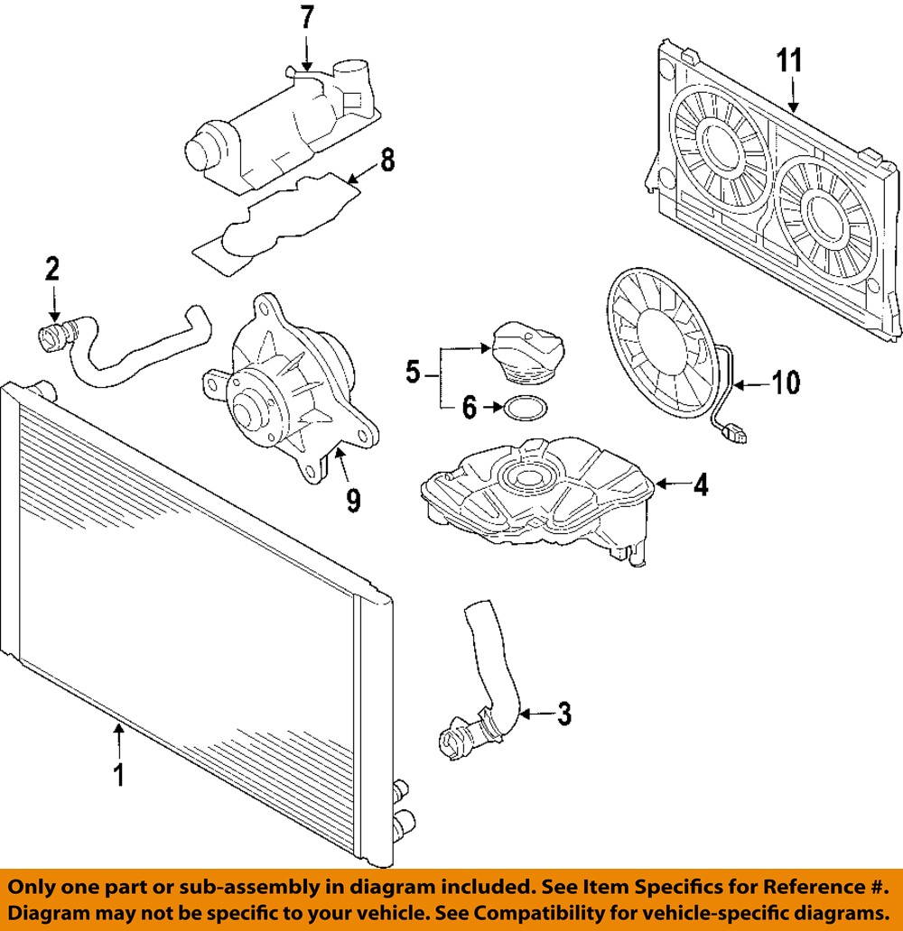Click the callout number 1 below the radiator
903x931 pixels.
coord(118,775)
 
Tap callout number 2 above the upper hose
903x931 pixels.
coord(52,267)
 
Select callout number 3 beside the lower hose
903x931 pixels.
coord(563,714)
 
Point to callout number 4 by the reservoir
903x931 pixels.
coord(700,485)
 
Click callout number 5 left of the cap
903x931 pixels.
coord(412,371)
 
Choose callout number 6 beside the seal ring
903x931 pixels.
coord(469,408)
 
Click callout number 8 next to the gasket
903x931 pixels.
coord(386,161)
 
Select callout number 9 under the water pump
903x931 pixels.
coord(353,497)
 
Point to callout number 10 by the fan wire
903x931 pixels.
coord(786,383)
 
